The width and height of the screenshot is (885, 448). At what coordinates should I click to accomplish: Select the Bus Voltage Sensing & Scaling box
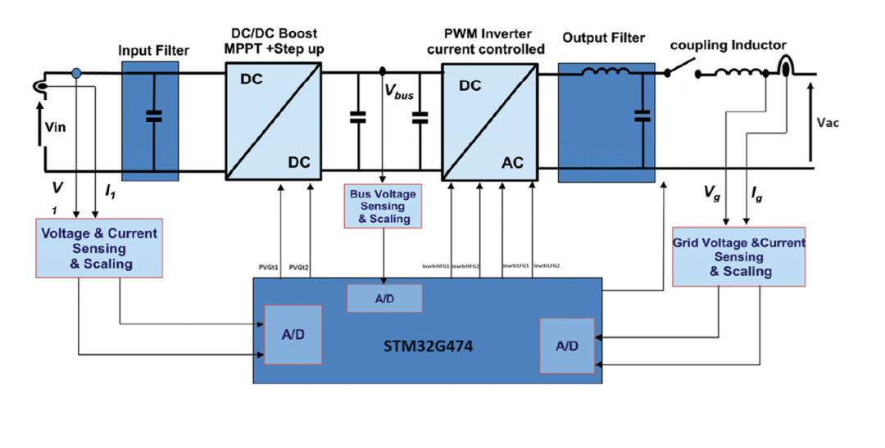[x=383, y=206]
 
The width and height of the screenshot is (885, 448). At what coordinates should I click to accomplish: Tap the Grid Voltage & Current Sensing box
[x=738, y=256]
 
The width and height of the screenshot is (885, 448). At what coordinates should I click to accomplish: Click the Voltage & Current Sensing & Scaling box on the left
[x=99, y=248]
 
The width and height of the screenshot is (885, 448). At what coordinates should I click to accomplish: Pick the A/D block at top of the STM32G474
[x=384, y=299]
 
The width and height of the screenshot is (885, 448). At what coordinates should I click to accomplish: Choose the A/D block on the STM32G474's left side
[x=293, y=334]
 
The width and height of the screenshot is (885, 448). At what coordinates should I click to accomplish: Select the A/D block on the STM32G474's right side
[x=566, y=346]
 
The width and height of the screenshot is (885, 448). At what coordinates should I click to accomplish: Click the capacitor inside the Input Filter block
[x=152, y=115]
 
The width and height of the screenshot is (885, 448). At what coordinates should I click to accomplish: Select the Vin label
[x=53, y=128]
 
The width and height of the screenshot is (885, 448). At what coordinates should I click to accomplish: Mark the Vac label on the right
[x=828, y=123]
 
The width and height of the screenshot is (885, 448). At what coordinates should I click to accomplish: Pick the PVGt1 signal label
[x=270, y=267]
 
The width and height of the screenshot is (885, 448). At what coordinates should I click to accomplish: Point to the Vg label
[x=712, y=193]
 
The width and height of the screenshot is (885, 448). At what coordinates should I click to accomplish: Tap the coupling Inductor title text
[x=728, y=46]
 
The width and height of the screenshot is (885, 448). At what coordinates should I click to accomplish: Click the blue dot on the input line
[x=77, y=74]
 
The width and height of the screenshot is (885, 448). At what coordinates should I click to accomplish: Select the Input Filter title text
[x=153, y=51]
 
